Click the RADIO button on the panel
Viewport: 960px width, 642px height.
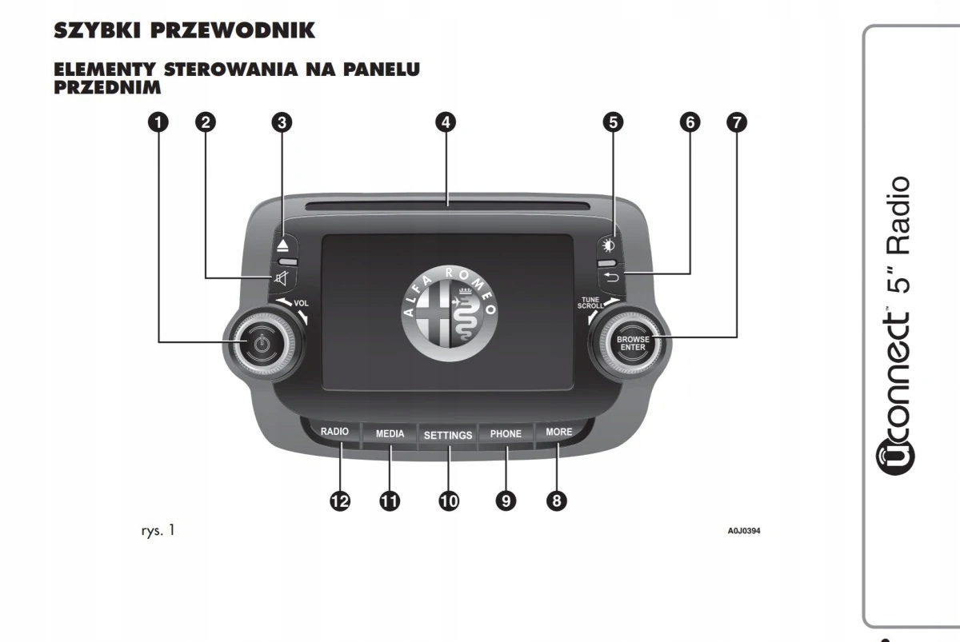coord(334,432)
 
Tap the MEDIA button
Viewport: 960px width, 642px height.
coord(390,434)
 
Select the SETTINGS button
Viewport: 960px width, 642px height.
coord(448,435)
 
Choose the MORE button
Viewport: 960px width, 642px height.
coord(558,432)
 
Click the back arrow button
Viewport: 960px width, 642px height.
coord(611,277)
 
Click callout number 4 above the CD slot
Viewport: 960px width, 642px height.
coord(446,122)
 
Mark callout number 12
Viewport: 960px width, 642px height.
coord(340,501)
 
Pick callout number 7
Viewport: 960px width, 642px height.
coord(736,122)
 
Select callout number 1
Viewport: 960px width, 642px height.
coord(158,122)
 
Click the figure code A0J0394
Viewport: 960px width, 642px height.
coord(743,530)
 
